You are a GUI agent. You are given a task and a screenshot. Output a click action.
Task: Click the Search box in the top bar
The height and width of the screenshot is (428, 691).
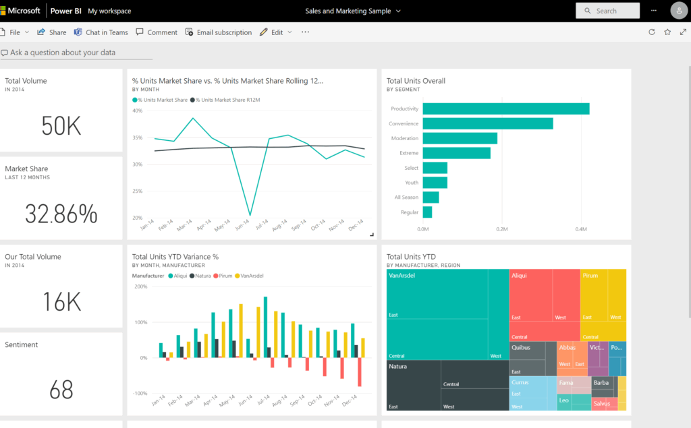607,11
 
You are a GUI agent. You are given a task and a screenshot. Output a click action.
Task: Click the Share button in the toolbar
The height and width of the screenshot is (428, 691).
52,32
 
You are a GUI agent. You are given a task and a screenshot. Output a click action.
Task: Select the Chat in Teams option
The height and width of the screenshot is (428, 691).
101,32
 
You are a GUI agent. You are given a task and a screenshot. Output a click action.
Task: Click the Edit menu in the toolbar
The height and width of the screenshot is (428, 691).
276,32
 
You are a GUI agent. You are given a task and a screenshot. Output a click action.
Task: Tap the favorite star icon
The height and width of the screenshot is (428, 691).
667,32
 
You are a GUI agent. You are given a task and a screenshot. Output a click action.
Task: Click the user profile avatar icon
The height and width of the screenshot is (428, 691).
678,11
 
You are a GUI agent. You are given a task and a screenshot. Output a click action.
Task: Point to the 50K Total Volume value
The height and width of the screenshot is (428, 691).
61,126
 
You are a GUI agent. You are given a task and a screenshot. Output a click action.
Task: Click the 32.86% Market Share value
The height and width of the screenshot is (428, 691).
61,214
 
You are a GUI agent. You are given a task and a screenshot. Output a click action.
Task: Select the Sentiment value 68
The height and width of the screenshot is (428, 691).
61,390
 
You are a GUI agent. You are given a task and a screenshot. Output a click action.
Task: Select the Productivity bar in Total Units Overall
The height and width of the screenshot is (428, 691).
505,109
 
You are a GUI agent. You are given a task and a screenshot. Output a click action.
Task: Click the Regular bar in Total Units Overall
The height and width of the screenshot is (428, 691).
427,212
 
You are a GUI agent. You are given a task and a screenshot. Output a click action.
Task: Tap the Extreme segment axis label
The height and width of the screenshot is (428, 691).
408,153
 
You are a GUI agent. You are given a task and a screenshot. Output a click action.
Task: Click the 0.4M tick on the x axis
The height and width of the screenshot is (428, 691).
580,229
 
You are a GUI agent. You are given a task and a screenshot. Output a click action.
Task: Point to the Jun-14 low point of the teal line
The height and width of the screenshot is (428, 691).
250,215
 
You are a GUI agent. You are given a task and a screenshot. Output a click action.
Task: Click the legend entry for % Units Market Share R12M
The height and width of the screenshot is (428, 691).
227,100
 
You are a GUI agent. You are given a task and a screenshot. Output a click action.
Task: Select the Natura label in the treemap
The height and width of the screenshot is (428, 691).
398,367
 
